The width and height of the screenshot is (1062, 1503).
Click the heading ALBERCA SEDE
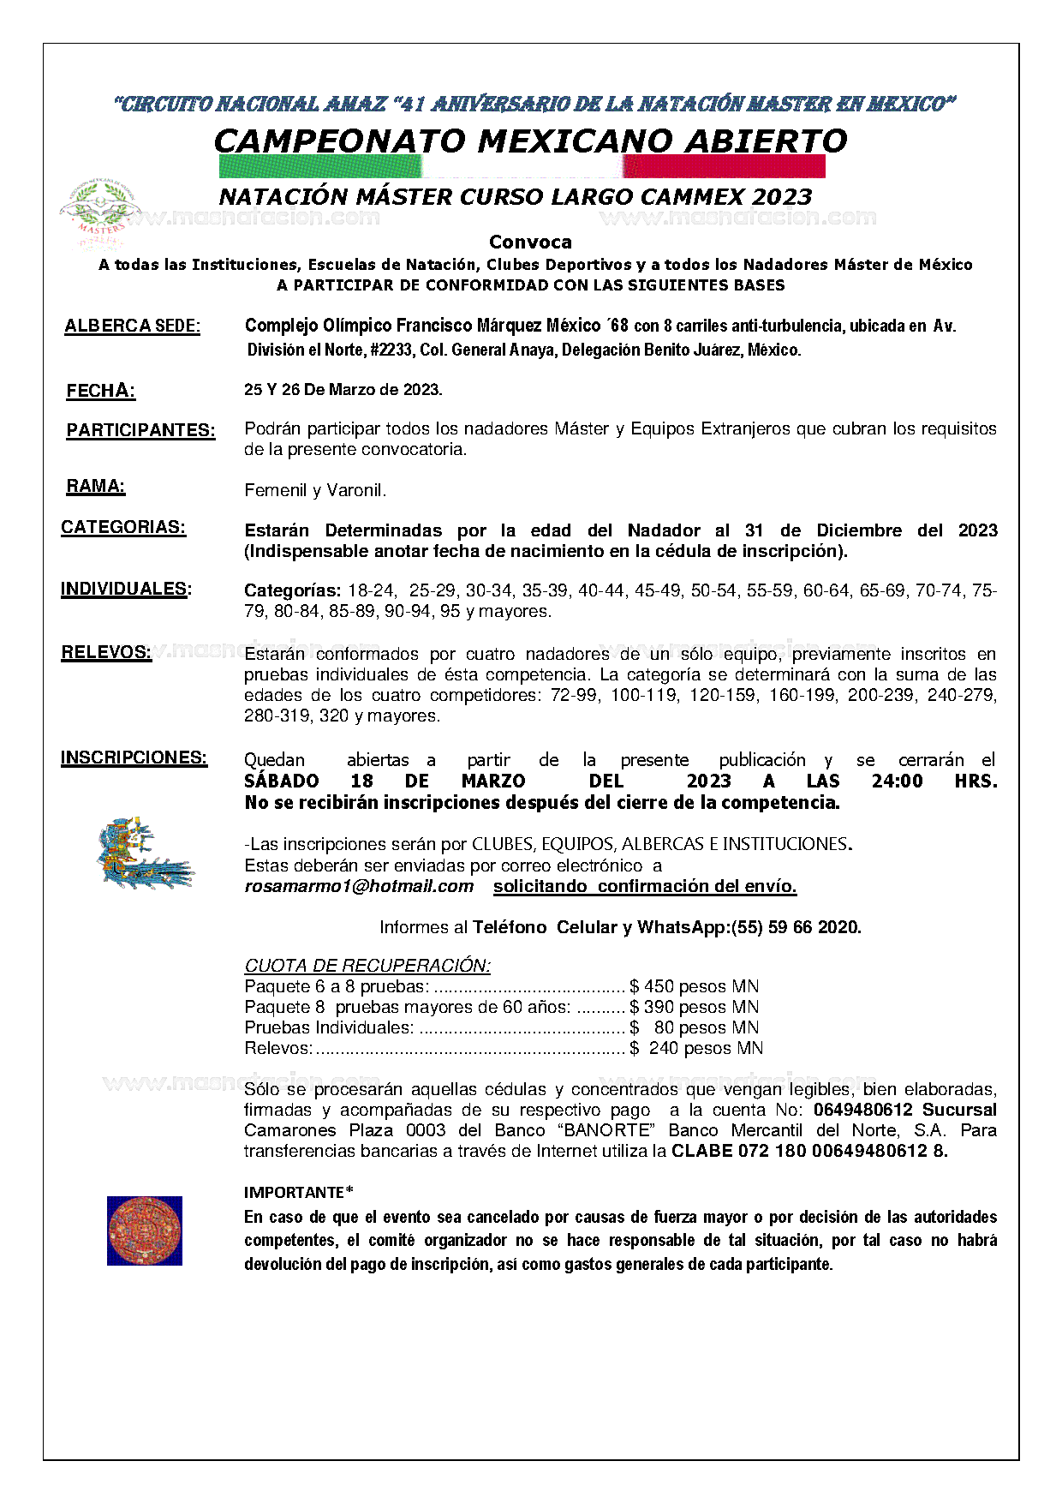pos(132,326)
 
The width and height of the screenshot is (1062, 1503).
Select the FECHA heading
pos(100,392)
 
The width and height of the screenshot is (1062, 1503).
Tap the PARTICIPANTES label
pos(140,431)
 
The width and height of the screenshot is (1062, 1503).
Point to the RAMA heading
pos(95,487)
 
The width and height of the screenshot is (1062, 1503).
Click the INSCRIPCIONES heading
pos(134,758)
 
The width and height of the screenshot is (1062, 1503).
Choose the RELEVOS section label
pos(105,653)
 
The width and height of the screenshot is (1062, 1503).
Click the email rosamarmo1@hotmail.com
pos(359,887)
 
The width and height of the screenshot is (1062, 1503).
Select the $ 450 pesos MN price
pos(694,987)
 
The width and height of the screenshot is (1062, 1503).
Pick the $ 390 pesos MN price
pos(694,1008)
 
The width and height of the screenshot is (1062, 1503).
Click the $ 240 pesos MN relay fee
pos(695,1049)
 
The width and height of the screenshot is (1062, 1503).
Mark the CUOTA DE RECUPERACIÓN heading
pos(367,967)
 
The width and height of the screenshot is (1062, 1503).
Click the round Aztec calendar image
pos(144,1231)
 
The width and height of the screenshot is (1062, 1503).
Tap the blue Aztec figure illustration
pos(142,854)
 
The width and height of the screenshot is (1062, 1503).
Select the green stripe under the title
pos(320,166)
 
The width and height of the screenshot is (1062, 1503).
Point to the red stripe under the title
pos(725,166)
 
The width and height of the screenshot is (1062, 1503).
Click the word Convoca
pos(530,243)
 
